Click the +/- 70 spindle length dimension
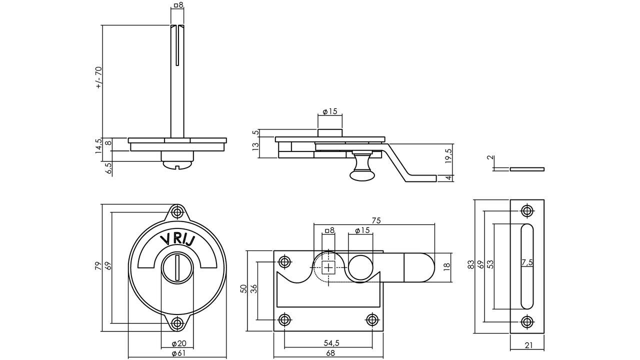98,77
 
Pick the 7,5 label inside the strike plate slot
527,262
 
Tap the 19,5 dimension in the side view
448,156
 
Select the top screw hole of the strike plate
526,210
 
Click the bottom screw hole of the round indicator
177,323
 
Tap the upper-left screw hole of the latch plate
285,261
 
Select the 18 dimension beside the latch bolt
447,266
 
